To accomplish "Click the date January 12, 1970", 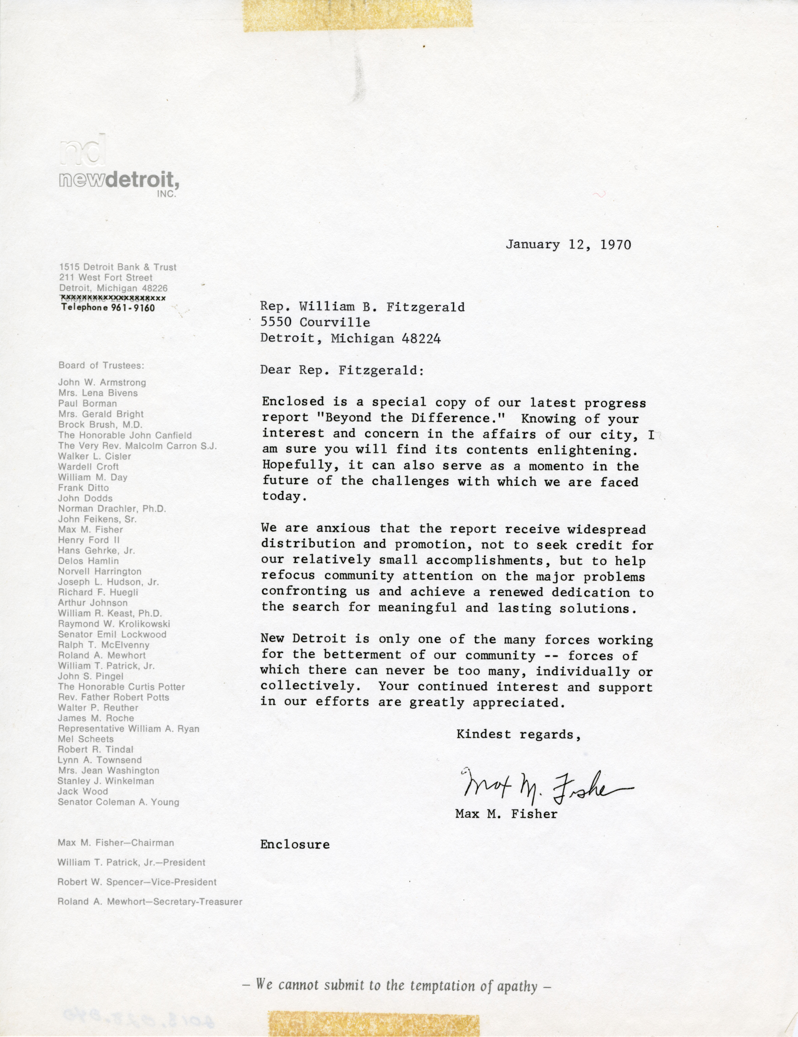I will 568,244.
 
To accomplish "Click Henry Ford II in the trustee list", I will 89,540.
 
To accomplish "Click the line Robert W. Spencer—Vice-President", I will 137,882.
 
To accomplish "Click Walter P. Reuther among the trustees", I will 98,708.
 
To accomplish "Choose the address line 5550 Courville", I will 315,322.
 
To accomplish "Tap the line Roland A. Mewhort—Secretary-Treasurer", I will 149,901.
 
